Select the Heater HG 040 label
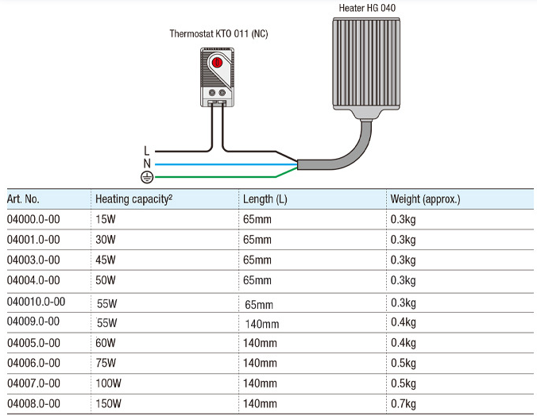point(367,9)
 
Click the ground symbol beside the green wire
point(145,176)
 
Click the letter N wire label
point(146,163)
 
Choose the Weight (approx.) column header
point(425,198)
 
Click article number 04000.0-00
point(33,218)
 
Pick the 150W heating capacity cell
point(108,404)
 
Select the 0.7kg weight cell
point(403,404)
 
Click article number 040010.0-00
point(36,302)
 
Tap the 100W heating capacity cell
point(108,383)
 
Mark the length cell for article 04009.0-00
point(261,323)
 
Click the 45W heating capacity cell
point(106,260)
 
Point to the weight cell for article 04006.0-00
point(403,363)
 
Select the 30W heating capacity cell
point(106,239)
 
